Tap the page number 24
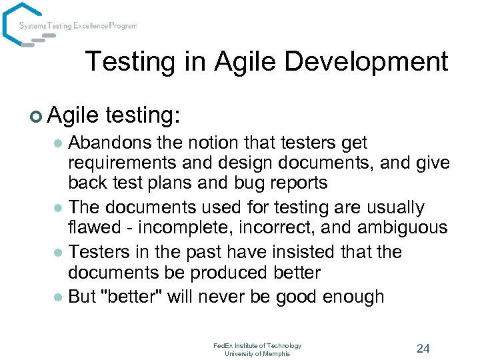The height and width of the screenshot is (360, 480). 423,348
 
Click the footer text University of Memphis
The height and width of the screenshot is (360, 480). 257,353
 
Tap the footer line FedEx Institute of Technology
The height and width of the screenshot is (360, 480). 257,345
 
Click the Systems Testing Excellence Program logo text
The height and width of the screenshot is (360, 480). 78,26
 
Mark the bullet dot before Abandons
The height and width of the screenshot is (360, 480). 58,143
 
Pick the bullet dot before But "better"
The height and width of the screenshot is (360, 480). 58,297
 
